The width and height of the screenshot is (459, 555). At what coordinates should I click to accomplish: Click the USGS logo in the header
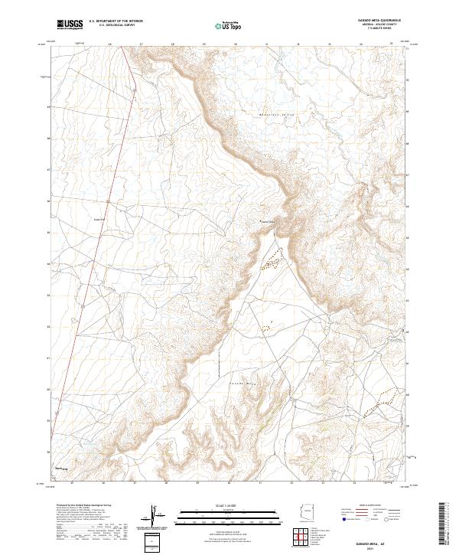click(70, 24)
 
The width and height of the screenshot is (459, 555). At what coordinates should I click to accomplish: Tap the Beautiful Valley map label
click(278, 115)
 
